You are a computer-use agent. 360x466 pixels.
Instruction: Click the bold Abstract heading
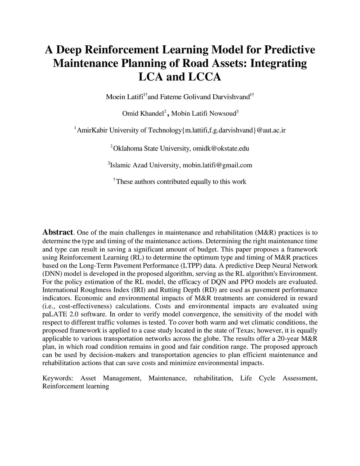[x=58, y=232]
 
